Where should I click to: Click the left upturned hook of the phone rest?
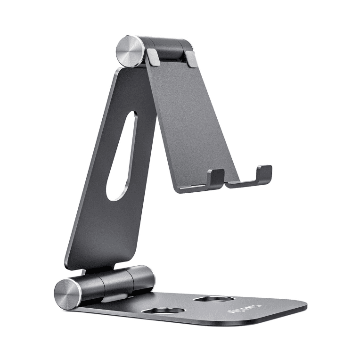click(x=215, y=177)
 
